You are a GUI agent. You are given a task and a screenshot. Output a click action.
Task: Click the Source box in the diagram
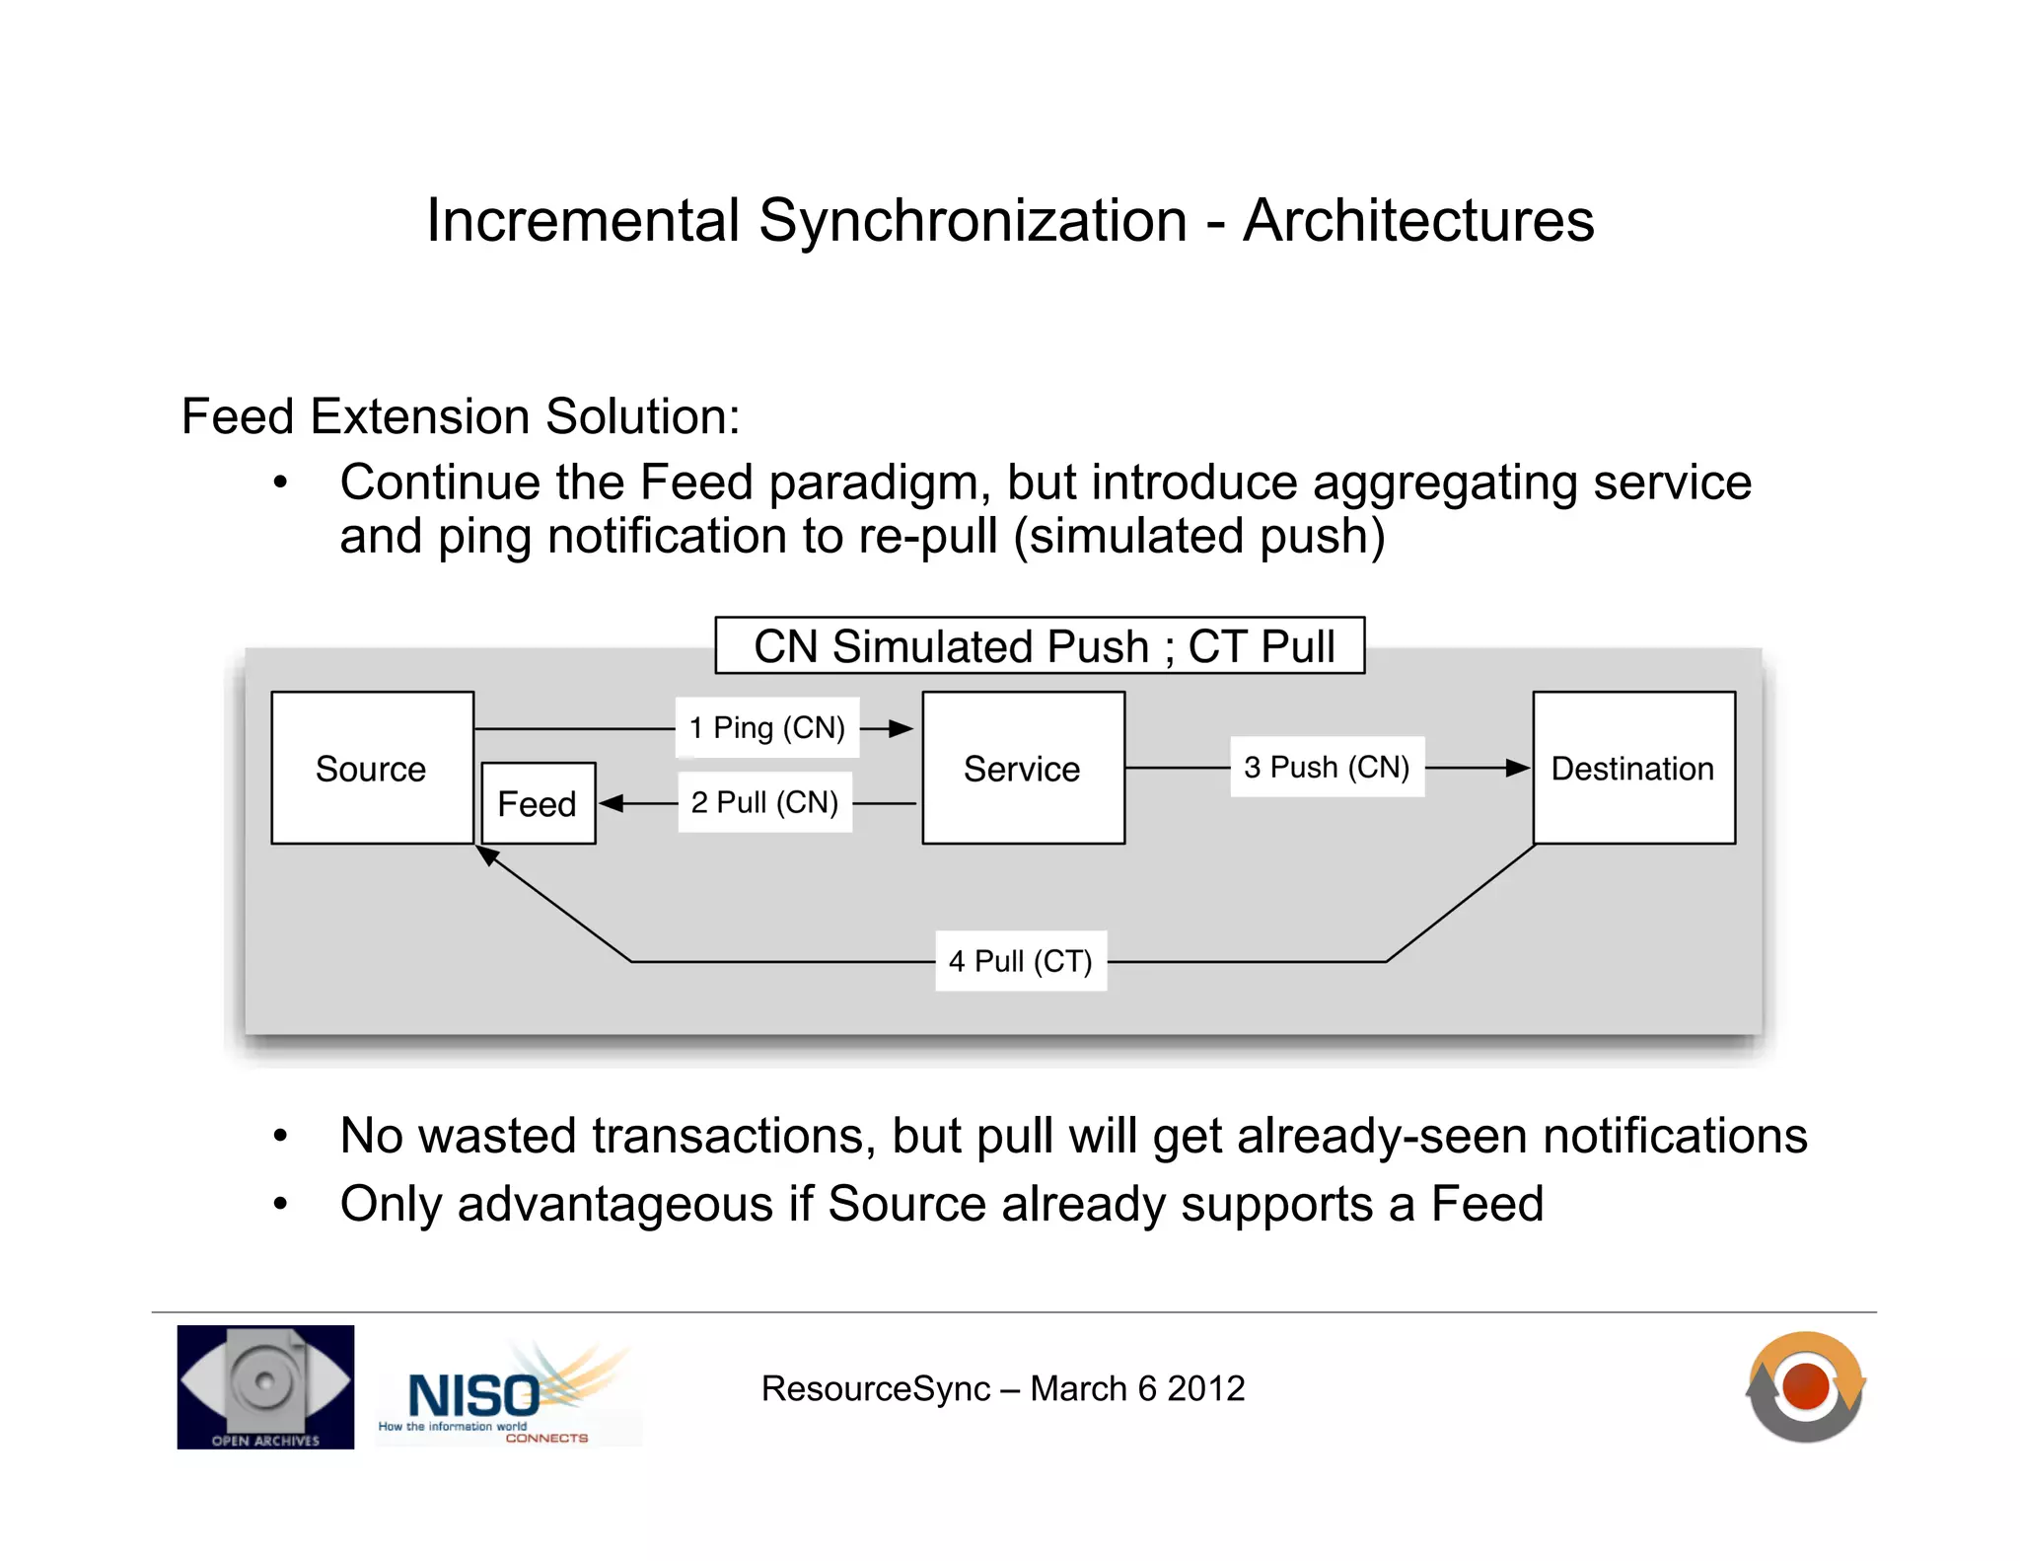click(372, 768)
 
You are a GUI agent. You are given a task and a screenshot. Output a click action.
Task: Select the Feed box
click(539, 803)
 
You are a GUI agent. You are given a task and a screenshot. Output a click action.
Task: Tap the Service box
click(1023, 768)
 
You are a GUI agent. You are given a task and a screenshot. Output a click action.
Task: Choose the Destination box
click(1633, 768)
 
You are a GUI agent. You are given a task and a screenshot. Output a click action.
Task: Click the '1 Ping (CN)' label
click(766, 728)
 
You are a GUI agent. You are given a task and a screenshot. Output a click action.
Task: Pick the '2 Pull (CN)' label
click(764, 802)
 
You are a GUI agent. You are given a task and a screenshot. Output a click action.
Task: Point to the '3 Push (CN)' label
click(1327, 767)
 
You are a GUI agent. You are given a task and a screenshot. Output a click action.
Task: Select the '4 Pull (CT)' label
click(1020, 960)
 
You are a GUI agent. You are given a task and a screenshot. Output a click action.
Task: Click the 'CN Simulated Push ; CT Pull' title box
click(1040, 646)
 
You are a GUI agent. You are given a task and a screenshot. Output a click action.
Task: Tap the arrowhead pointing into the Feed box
click(612, 803)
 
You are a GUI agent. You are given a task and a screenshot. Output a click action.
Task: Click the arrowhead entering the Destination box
click(1517, 768)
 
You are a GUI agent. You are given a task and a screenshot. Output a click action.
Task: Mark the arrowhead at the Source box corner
click(487, 855)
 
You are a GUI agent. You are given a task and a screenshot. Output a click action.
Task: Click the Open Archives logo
click(265, 1386)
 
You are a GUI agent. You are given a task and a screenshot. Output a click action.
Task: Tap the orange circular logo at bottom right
click(1805, 1386)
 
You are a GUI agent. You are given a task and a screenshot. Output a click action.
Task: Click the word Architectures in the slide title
click(1417, 220)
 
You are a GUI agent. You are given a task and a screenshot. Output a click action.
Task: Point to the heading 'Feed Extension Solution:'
click(461, 416)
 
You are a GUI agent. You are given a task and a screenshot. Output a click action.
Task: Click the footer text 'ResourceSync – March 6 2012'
click(1002, 1388)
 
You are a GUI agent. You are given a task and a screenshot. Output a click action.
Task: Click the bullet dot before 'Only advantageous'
click(281, 1204)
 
